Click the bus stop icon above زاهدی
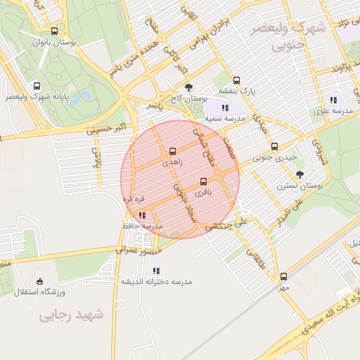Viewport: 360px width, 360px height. pyautogui.click(x=172, y=151)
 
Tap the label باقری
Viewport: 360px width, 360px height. pyautogui.click(x=203, y=192)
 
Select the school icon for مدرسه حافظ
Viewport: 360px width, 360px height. pyautogui.click(x=142, y=216)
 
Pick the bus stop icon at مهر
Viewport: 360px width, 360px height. pyautogui.click(x=283, y=277)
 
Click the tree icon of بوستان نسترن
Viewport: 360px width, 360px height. pyautogui.click(x=301, y=174)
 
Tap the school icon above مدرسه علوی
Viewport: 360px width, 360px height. pyautogui.click(x=333, y=100)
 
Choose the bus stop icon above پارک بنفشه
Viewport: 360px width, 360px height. pyautogui.click(x=236, y=80)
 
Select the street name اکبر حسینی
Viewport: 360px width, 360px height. pyautogui.click(x=105, y=129)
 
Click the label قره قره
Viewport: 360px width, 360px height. pyautogui.click(x=134, y=199)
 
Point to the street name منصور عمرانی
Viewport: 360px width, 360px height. pyautogui.click(x=138, y=249)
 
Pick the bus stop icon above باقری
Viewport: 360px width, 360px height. pyautogui.click(x=203, y=181)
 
